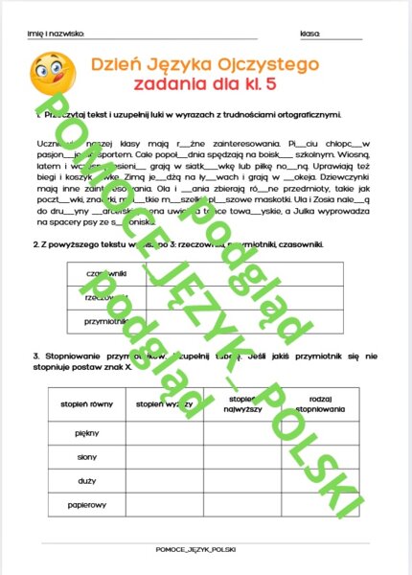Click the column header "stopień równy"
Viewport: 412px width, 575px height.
pyautogui.click(x=87, y=405)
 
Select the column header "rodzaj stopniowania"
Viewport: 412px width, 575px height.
pyautogui.click(x=321, y=404)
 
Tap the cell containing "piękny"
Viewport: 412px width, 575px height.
pyautogui.click(x=87, y=433)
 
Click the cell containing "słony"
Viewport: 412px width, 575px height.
pyautogui.click(x=87, y=456)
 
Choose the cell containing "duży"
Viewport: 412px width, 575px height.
pyautogui.click(x=87, y=479)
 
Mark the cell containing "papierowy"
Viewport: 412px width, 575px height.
pyautogui.click(x=87, y=502)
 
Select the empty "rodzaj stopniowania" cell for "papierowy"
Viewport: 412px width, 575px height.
pyautogui.click(x=321, y=502)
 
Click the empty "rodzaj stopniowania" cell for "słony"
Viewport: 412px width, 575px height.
pyautogui.click(x=321, y=456)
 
